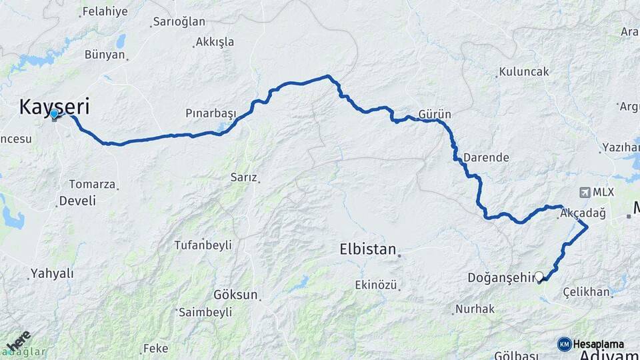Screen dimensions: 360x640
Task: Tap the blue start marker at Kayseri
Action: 54,115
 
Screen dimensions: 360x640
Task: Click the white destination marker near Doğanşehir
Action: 539,276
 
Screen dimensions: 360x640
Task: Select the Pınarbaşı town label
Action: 211,114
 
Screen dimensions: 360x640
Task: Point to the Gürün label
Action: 435,114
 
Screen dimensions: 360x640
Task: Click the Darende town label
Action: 486,158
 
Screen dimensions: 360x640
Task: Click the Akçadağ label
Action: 583,213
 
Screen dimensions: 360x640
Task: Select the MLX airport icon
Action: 585,193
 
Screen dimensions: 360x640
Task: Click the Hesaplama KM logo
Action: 565,344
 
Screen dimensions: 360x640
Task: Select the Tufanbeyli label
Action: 201,245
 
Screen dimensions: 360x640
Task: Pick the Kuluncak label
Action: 524,71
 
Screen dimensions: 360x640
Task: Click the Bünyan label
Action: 105,55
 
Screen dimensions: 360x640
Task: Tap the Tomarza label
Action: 93,184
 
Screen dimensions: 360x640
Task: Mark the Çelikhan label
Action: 586,291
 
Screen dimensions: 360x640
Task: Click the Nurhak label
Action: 475,309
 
